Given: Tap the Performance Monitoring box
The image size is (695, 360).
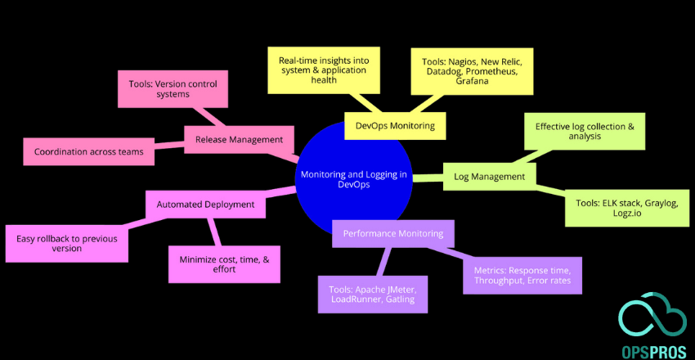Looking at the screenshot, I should pyautogui.click(x=393, y=233).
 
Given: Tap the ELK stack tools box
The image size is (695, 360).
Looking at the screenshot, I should pyautogui.click(x=621, y=208).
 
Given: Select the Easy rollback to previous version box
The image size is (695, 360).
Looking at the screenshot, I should pyautogui.click(x=66, y=243).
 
